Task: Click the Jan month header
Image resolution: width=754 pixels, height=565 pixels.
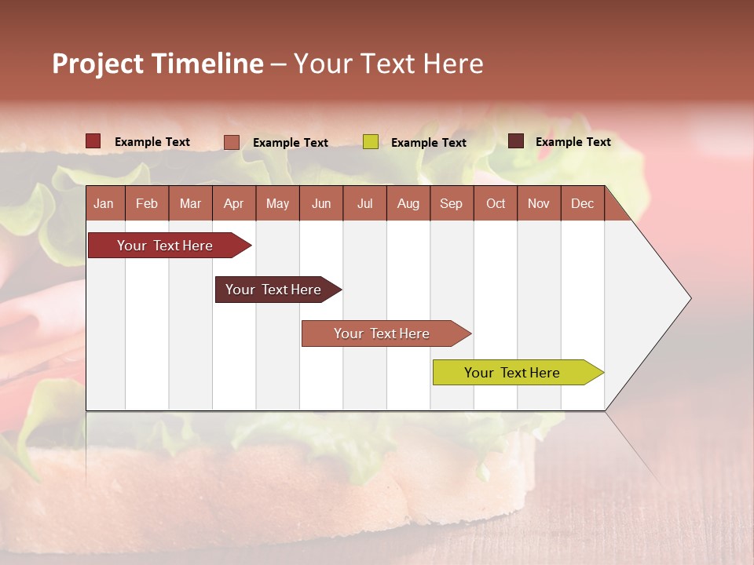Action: point(104,203)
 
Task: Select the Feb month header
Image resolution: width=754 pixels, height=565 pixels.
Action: point(147,203)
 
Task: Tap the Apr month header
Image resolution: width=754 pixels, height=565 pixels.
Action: point(233,203)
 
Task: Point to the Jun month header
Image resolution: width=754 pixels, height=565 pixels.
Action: point(321,203)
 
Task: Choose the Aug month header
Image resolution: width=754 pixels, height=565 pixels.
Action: point(408,203)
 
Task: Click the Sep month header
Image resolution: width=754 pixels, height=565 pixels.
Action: point(451,203)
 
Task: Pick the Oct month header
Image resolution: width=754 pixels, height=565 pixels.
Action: point(496,203)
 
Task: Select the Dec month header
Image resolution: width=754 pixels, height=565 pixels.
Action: point(582,203)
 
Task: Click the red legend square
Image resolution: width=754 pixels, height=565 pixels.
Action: point(93,141)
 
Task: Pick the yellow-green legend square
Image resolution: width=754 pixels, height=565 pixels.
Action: point(371,142)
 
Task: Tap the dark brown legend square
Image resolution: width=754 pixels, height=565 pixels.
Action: point(516,141)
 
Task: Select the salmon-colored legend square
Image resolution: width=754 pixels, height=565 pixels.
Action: point(232,142)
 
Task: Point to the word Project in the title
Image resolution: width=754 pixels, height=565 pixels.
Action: point(98,64)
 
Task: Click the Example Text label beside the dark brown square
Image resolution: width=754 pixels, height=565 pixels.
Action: point(573,141)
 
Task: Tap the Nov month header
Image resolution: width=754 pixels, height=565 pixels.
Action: point(539,203)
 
